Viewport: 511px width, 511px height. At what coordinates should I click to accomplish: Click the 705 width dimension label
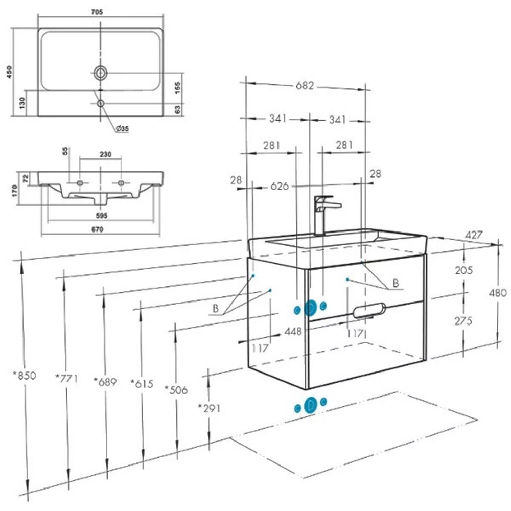click(97, 12)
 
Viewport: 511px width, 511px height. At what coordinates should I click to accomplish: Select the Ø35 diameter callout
click(122, 128)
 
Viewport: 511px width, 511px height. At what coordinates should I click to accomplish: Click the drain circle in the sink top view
click(100, 73)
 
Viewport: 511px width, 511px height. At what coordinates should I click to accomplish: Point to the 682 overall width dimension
click(305, 86)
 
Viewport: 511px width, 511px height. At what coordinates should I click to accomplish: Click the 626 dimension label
click(280, 186)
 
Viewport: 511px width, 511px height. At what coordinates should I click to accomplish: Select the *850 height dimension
click(24, 376)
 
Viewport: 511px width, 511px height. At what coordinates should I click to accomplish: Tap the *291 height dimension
click(209, 408)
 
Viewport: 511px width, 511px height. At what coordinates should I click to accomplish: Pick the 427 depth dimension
click(474, 235)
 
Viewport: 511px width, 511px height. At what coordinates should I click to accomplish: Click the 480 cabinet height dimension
click(498, 293)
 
